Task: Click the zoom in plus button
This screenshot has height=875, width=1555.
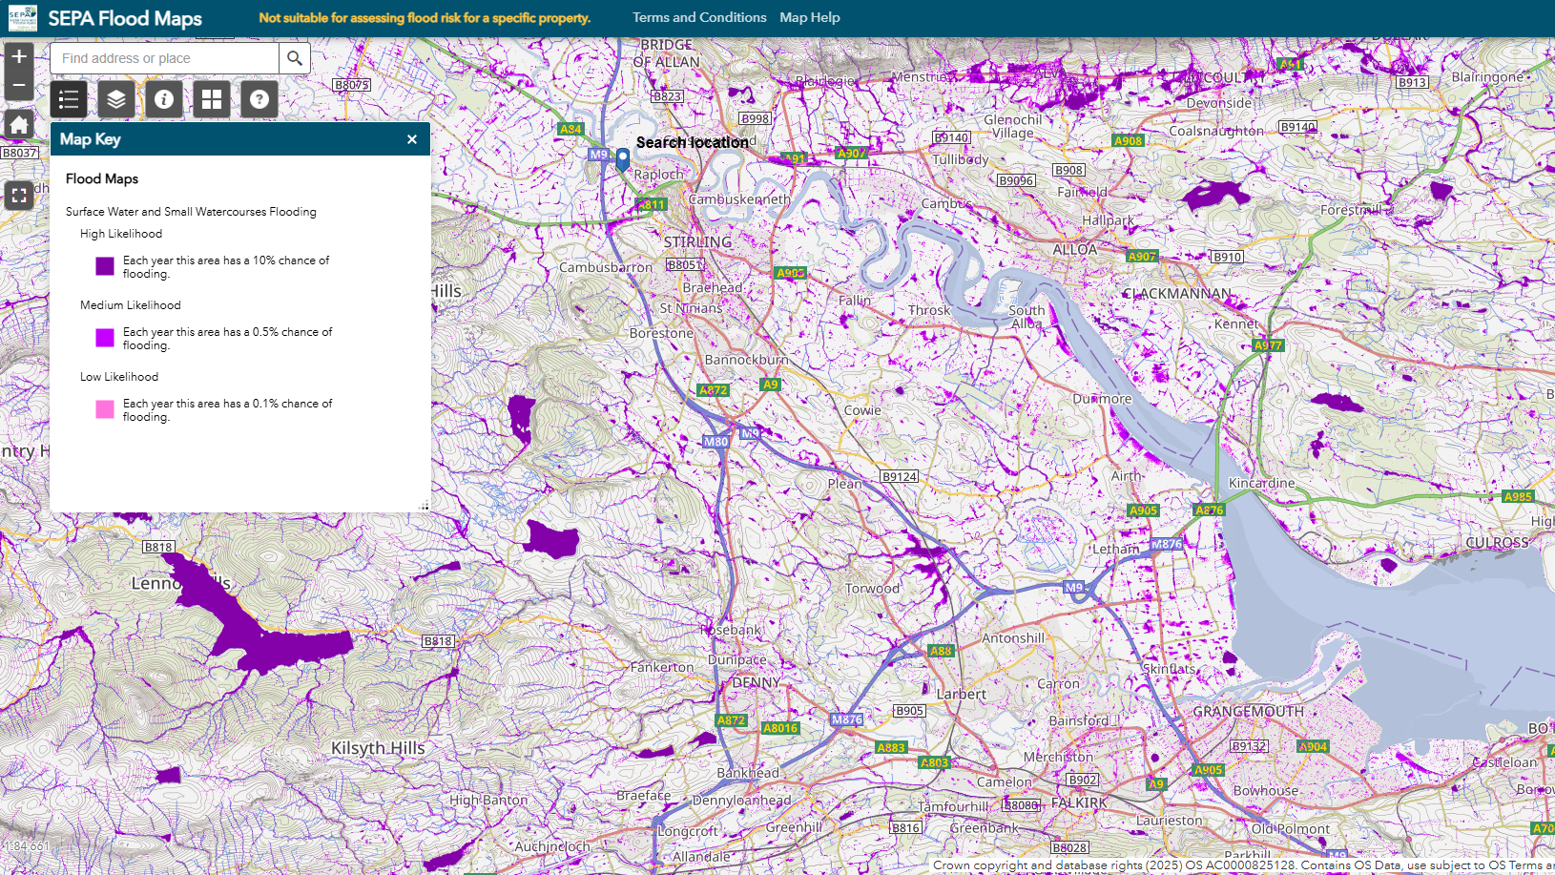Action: pos(19,57)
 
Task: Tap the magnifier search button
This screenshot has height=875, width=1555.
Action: pos(295,58)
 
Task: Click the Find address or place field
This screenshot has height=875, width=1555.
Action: pos(164,58)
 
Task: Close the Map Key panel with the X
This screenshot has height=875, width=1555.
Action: pos(412,139)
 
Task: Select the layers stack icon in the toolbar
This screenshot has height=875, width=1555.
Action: pos(116,99)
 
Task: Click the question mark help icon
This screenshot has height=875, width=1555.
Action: pos(259,99)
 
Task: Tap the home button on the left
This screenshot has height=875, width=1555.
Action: pos(19,124)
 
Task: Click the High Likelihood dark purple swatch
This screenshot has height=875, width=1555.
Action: pos(105,266)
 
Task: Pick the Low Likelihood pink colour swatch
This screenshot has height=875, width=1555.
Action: pos(105,409)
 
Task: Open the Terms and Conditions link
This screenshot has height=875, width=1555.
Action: pos(699,17)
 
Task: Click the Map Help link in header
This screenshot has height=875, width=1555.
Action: pos(809,17)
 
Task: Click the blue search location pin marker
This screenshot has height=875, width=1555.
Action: pos(623,158)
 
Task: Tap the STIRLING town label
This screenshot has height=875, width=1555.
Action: pos(697,242)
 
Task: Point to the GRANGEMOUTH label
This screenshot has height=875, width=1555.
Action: pos(1248,712)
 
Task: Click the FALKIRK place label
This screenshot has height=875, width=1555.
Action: pos(1079,803)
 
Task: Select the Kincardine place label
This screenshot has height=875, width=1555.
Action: pos(1261,483)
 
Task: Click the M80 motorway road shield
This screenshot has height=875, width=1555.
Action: pos(715,442)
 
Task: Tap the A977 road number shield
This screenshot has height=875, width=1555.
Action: pos(1268,345)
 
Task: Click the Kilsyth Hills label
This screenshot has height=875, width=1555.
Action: pos(378,748)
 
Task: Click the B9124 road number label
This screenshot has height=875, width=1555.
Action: pos(899,476)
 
